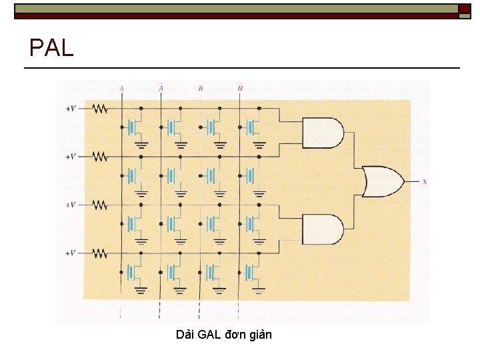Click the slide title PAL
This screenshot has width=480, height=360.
pos(51,47)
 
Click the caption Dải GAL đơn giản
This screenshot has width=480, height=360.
pos(224,335)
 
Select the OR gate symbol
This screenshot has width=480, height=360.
pos(381,181)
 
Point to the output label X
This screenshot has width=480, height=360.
pos(425,181)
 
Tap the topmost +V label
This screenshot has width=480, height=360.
pos(71,108)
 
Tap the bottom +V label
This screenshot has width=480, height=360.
pos(71,253)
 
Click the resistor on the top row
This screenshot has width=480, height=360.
pos(100,108)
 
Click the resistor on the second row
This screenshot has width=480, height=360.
pos(100,157)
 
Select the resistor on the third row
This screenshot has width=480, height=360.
pos(100,205)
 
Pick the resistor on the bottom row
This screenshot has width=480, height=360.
pos(100,253)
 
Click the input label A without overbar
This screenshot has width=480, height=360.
pos(121,88)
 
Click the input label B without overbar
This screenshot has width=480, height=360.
pos(201,88)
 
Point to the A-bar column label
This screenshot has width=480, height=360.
pos(161,87)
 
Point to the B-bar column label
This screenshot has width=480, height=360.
pos(240,87)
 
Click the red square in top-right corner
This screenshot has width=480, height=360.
pos(464,9)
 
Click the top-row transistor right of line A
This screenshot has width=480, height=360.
pos(134,126)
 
